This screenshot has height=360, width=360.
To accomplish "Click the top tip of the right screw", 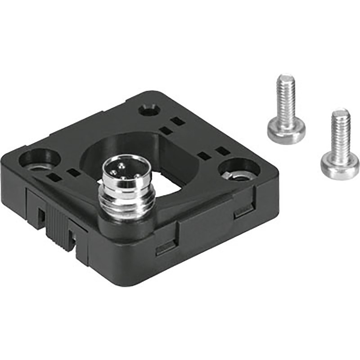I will point(341,111).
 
